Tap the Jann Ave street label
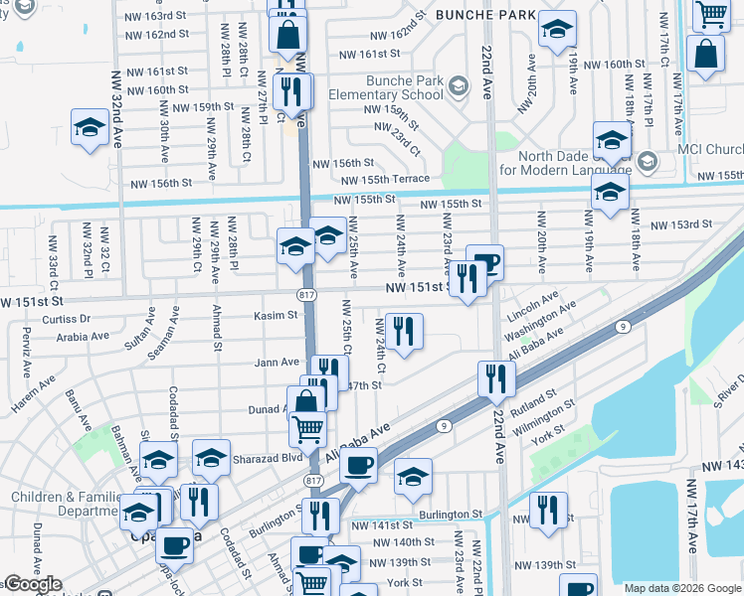(x=277, y=363)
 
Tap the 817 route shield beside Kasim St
(x=306, y=295)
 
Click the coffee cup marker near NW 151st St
(x=485, y=261)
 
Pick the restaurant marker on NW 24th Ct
(x=403, y=331)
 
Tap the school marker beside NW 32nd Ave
(x=90, y=127)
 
